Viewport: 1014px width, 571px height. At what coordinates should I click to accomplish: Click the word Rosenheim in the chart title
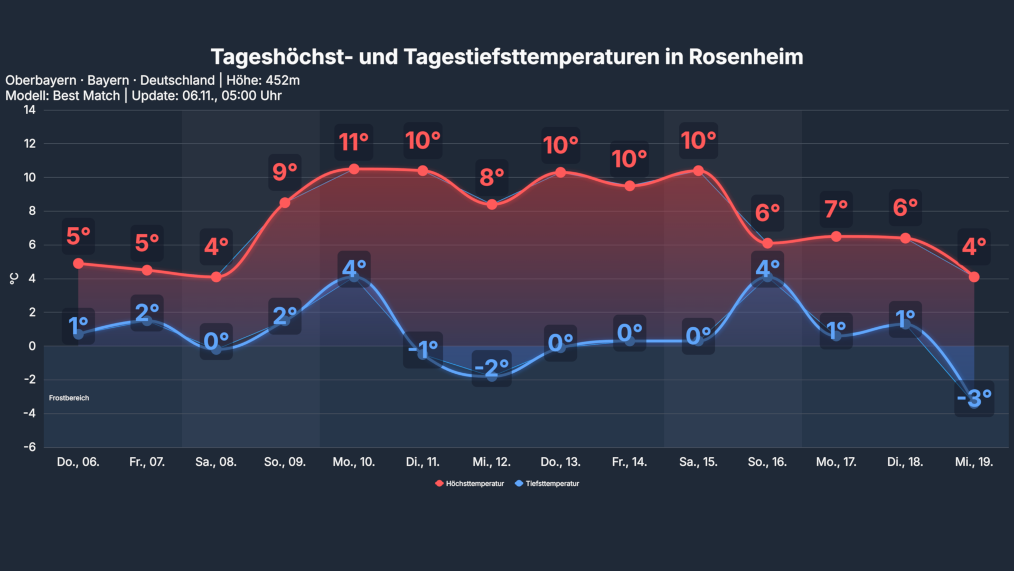[745, 57]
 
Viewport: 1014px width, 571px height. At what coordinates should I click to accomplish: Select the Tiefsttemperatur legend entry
[547, 483]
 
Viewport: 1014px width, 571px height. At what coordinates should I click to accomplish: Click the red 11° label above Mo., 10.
[353, 142]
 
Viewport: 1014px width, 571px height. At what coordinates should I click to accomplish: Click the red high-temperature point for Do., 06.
[78, 263]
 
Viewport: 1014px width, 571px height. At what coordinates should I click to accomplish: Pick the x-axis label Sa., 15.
[698, 462]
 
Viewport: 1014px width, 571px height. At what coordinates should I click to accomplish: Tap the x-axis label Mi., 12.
[491, 462]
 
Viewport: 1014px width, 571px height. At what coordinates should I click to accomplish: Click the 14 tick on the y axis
[30, 110]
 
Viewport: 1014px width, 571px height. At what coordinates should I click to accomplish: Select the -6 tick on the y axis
[30, 447]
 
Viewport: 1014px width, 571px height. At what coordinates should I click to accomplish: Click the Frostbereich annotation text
[69, 398]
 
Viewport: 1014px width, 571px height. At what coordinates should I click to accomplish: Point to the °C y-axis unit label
[14, 279]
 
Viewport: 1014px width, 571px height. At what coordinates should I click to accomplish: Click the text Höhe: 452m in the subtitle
[263, 80]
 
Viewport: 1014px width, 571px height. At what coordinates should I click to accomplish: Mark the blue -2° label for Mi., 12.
[491, 367]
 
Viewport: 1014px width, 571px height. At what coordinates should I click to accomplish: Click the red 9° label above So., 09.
[285, 172]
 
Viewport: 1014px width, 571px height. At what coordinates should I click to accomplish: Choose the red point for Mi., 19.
[974, 277]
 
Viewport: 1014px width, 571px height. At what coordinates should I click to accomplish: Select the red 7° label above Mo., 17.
[836, 209]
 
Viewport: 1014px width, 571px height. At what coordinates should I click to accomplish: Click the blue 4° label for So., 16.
[767, 269]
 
